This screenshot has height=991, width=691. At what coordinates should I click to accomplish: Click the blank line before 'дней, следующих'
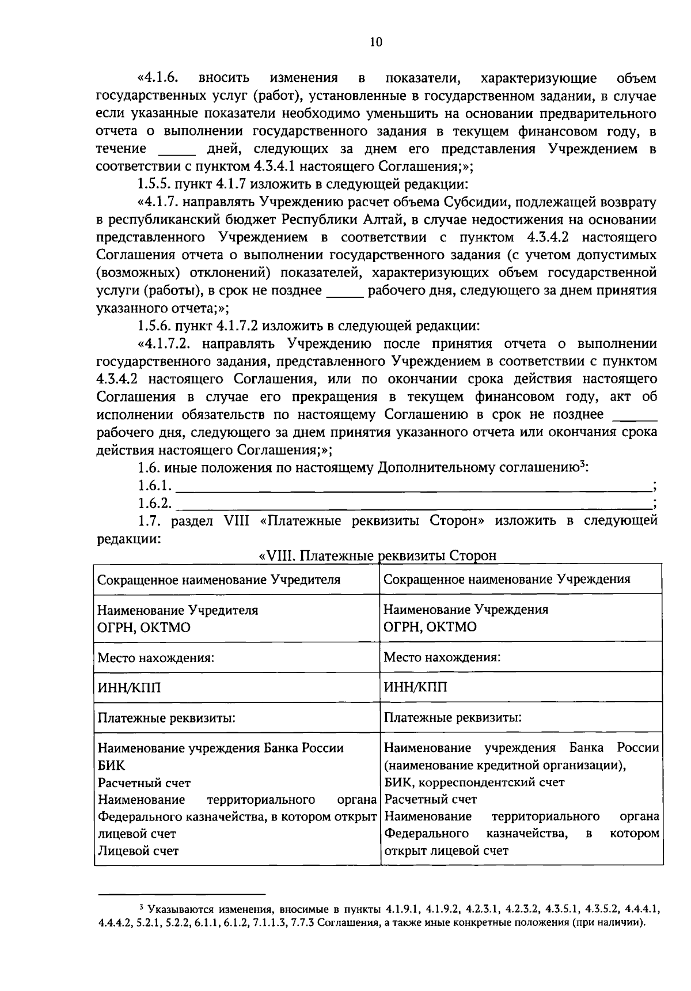tap(177, 150)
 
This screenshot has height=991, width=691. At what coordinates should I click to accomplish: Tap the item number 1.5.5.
tap(154, 185)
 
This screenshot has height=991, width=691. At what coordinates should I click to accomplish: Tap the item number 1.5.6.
tap(154, 326)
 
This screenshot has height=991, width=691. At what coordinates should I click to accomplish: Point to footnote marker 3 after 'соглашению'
tap(582, 464)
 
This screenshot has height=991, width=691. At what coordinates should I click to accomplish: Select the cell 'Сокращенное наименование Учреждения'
tap(507, 579)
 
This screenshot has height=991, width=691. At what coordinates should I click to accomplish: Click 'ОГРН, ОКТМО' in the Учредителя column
tap(144, 627)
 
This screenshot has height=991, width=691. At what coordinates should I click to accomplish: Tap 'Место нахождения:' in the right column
tap(442, 657)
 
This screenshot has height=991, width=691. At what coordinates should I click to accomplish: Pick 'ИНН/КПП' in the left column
tap(130, 687)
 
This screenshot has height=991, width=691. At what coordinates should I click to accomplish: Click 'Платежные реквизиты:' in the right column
tap(453, 718)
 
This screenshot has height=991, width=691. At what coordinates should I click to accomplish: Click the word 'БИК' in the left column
tap(111, 766)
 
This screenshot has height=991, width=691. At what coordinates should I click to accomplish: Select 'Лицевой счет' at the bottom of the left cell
tap(138, 850)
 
